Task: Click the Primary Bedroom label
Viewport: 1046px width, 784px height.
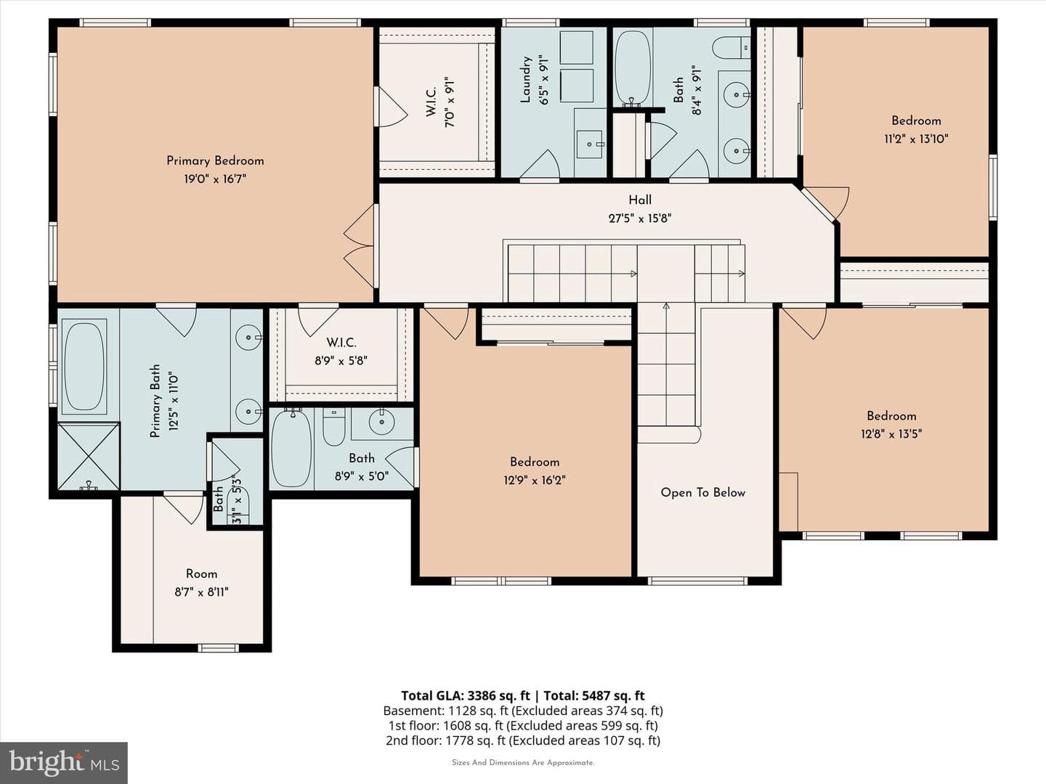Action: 215,161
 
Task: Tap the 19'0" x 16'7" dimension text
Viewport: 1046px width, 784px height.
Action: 215,179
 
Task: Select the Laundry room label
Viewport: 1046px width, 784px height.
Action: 526,80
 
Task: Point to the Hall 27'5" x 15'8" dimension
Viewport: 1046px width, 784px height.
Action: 640,219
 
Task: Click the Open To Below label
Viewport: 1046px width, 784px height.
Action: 703,493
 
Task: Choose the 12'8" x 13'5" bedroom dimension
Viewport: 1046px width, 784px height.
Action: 891,434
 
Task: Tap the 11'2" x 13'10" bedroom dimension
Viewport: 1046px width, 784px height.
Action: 916,139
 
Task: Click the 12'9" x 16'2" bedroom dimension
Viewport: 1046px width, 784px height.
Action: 534,481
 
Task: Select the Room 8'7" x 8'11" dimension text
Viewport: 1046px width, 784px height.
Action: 202,592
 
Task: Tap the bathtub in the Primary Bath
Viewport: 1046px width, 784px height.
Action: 84,367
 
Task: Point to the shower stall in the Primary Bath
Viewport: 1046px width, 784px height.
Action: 89,456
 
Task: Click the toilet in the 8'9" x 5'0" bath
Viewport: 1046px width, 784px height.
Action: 333,426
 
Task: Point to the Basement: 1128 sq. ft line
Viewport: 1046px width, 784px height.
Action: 523,711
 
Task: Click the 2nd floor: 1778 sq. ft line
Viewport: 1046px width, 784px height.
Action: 523,740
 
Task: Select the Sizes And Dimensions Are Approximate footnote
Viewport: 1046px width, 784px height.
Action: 523,762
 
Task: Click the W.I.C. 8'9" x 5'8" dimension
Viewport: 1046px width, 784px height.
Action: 341,361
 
